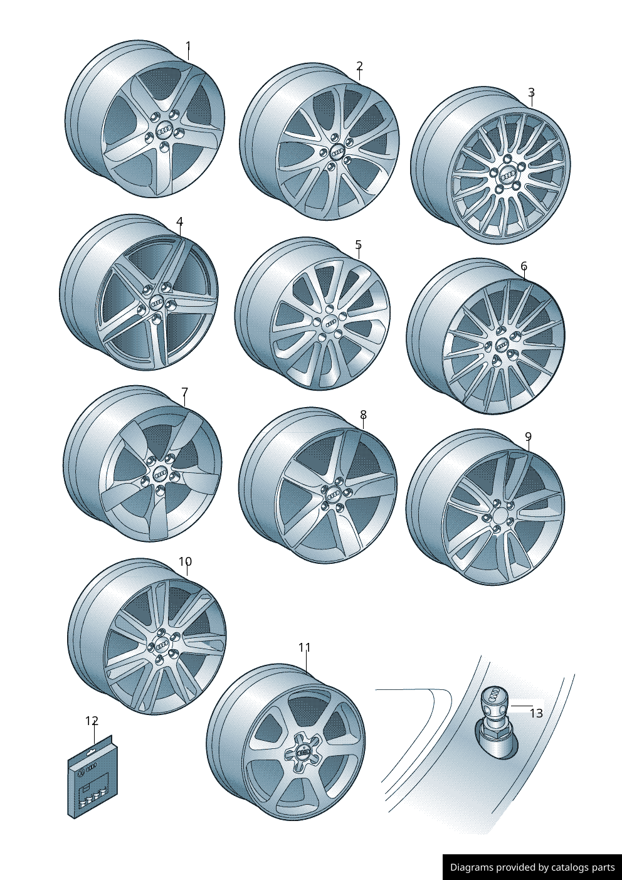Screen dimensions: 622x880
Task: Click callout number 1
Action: (188, 47)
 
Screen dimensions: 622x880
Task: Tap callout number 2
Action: (359, 66)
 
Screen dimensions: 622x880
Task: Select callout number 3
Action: (531, 92)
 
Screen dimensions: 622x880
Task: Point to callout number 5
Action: (358, 245)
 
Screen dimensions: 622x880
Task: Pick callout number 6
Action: (524, 267)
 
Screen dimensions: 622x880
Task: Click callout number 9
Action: (528, 437)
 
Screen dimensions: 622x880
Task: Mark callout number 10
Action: (186, 561)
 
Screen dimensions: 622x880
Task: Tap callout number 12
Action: (92, 721)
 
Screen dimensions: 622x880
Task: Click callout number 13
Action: (536, 713)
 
